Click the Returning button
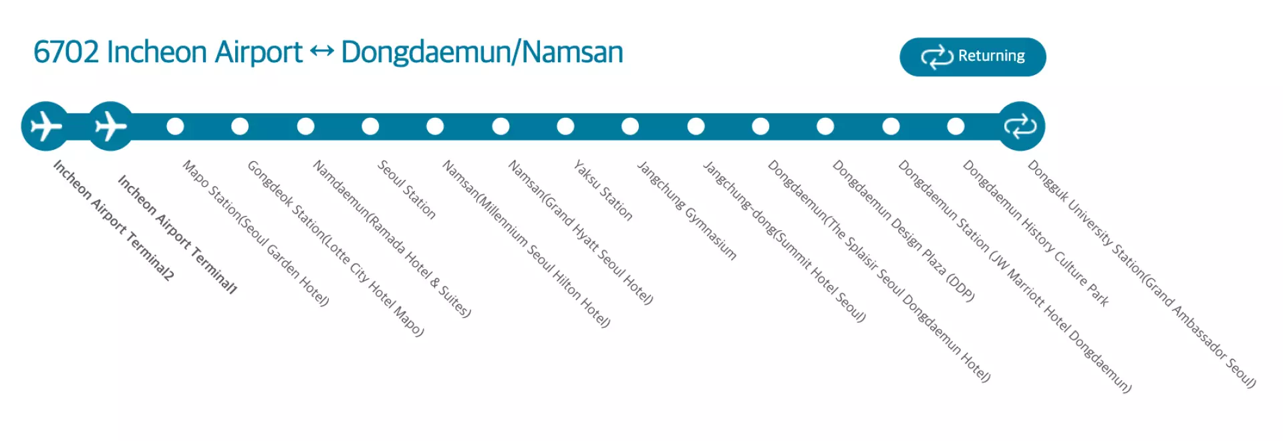(x=972, y=57)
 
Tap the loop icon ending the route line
(x=1020, y=126)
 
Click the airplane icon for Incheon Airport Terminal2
(x=45, y=126)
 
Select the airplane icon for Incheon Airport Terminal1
(x=111, y=126)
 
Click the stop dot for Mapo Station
(x=175, y=126)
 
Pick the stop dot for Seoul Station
(x=370, y=126)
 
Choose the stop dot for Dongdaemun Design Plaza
(x=825, y=126)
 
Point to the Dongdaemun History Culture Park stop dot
(x=956, y=126)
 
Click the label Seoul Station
(x=407, y=189)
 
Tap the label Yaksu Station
(x=603, y=190)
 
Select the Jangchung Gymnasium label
(x=686, y=210)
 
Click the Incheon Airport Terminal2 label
(x=114, y=219)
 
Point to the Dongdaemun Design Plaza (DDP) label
(x=903, y=230)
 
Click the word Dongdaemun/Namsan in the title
(x=482, y=53)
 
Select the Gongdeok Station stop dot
(x=240, y=126)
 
